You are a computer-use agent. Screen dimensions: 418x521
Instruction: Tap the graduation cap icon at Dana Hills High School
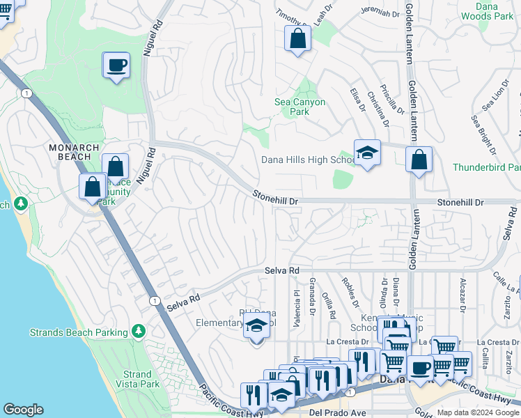(367, 153)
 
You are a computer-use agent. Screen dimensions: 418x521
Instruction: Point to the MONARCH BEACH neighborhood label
(77, 148)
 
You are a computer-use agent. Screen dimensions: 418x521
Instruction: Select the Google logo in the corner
(23, 410)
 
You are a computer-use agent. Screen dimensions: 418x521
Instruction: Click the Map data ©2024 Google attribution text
(478, 412)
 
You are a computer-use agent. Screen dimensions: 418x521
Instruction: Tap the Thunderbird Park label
(486, 167)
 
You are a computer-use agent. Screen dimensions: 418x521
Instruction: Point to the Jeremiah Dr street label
(380, 12)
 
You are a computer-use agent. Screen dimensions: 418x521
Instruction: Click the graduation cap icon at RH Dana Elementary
(256, 325)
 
